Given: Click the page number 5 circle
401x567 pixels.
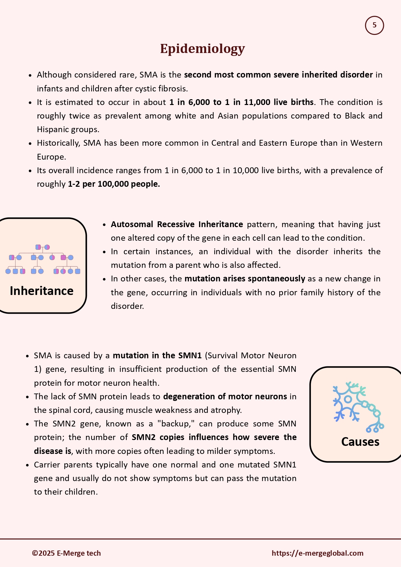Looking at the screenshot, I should (374, 26).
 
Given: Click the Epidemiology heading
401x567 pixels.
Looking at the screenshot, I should (202, 49).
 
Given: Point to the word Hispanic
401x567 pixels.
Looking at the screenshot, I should (52, 130).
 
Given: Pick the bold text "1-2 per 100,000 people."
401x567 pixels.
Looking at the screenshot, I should (114, 184).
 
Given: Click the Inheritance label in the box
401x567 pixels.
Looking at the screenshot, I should (42, 291).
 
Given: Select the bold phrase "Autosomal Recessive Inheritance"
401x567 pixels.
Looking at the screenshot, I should (177, 224).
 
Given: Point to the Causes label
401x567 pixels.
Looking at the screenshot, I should (360, 442).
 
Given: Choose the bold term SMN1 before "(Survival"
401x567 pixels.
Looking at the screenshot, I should (190, 356).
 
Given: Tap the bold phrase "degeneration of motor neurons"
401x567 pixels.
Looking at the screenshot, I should (225, 396).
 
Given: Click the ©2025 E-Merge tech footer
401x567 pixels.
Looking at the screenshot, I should (66, 553).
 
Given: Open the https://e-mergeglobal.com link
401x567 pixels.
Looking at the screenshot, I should (317, 553).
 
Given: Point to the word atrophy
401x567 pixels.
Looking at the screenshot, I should (228, 410).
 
